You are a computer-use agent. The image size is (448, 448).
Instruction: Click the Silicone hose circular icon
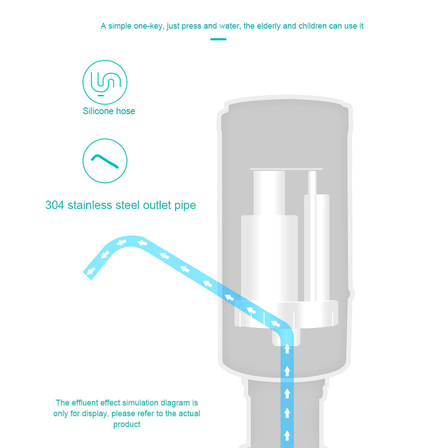[x=105, y=82]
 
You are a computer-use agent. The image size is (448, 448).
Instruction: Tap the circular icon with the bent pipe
[x=105, y=161]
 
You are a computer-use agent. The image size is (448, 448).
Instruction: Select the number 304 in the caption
[x=55, y=205]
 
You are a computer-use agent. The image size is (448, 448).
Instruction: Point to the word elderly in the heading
[x=269, y=26]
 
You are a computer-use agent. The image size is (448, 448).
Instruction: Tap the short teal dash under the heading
[x=218, y=39]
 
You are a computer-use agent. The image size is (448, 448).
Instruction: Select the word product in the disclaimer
[x=127, y=425]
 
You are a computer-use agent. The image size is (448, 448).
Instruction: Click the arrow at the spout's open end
[x=91, y=271]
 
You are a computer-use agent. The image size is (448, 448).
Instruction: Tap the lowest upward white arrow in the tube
[x=287, y=436]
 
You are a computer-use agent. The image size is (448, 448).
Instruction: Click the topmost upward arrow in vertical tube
[x=287, y=349]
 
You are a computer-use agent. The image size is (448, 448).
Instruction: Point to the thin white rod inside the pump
[x=312, y=236]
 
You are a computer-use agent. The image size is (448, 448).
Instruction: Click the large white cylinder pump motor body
[x=269, y=259]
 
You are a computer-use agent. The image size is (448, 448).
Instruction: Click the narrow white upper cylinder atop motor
[x=269, y=193]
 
